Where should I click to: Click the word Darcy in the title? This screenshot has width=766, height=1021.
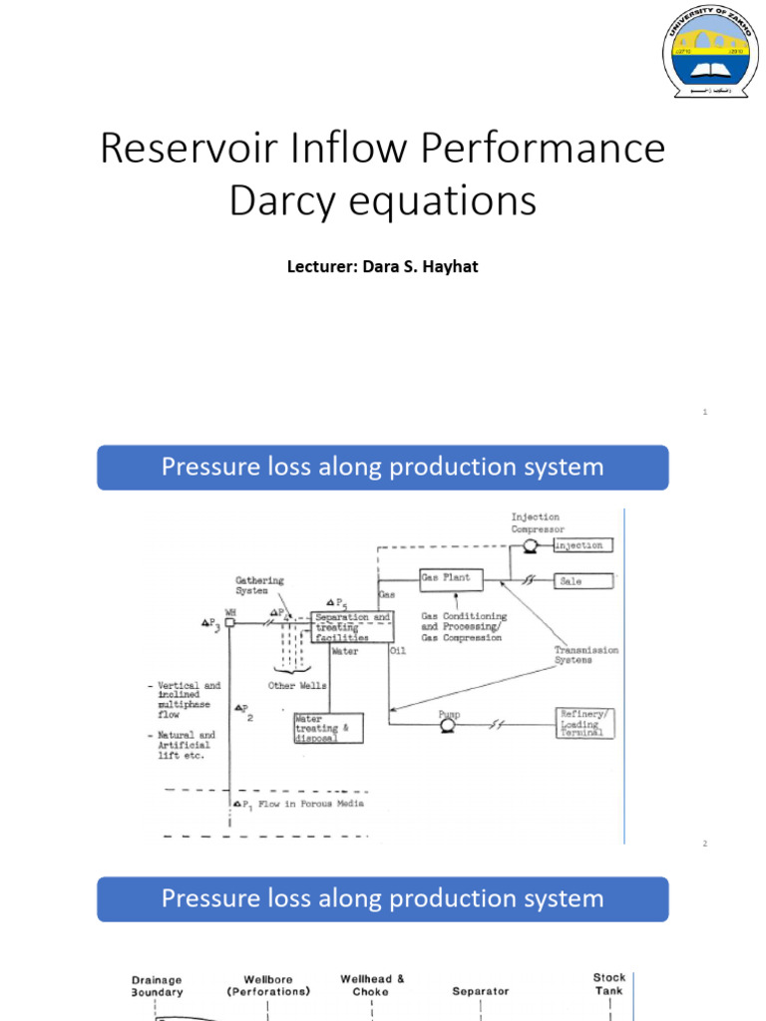tap(289, 199)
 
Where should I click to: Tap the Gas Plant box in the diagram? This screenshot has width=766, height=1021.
tap(451, 578)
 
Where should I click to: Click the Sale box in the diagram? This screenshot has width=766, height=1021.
tap(572, 580)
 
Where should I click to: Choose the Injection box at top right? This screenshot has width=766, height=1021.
tap(577, 545)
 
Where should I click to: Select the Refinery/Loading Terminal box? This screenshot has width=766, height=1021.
tap(584, 723)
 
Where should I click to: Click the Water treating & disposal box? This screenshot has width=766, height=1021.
tap(327, 728)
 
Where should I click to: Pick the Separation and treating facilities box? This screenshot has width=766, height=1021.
tap(352, 627)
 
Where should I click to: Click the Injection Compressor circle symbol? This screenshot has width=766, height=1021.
tap(531, 545)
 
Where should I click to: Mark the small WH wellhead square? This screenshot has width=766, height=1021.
tap(228, 622)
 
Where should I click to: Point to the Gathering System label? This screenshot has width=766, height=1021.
tap(259, 585)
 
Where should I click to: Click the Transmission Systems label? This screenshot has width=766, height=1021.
tap(586, 654)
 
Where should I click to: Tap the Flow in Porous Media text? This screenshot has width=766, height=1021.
tap(310, 803)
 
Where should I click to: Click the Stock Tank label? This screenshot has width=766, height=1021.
tap(609, 984)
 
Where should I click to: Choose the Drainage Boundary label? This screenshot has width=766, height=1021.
tap(157, 986)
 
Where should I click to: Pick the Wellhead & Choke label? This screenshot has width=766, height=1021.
tap(372, 985)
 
